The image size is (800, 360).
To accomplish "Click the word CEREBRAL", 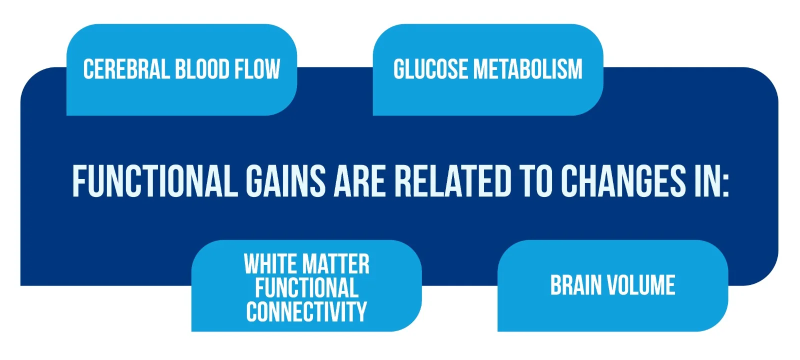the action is [126, 69].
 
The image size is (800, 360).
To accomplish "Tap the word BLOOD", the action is [202, 69].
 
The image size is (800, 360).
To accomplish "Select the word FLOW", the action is [257, 69].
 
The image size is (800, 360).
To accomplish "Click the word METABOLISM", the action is [528, 69].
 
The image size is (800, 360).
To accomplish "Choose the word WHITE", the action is [270, 264].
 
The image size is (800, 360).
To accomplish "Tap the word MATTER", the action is [335, 264].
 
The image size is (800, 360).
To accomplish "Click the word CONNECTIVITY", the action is [306, 311].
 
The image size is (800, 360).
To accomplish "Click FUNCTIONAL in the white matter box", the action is [306, 288].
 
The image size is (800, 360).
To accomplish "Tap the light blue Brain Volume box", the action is [613, 285].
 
